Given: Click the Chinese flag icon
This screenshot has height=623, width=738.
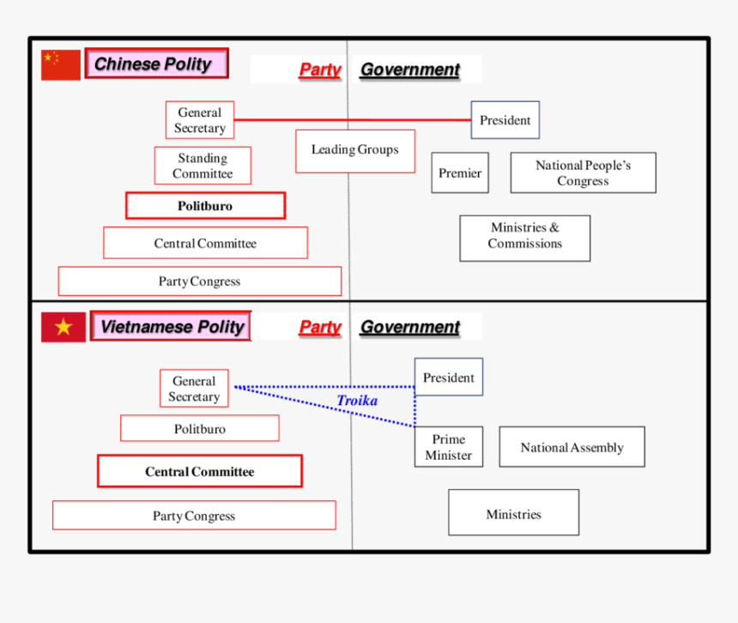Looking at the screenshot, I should point(61,65).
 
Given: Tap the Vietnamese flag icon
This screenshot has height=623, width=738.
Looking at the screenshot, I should point(64,327).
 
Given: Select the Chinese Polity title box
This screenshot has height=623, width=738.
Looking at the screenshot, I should point(156,64).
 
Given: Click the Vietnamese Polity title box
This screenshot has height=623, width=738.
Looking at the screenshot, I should point(171,326).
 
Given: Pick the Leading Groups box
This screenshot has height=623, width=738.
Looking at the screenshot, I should point(355,150).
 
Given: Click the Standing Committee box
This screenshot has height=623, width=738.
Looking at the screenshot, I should point(203,166).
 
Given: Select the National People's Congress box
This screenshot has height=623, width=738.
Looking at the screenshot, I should point(583,172).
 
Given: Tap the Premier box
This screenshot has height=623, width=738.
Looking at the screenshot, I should point(460,172).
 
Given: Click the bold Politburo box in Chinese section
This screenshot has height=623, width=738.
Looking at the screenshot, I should point(205,206).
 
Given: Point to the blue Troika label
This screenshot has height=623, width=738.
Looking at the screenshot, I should point(357,401).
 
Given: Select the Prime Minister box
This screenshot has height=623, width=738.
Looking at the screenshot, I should point(448,447).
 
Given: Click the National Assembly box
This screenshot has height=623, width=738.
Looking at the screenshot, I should point(572,447).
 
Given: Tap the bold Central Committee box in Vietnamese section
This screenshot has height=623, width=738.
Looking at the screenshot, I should point(199,471).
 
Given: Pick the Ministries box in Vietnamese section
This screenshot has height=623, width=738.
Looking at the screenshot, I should point(513,513).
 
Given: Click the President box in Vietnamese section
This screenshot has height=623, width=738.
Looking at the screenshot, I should point(448,378).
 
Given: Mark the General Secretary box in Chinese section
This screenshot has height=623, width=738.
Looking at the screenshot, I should point(199,120).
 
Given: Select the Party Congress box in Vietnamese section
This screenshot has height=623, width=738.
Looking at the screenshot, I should point(194,516).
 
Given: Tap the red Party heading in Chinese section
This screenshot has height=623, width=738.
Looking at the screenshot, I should point(319,70).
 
